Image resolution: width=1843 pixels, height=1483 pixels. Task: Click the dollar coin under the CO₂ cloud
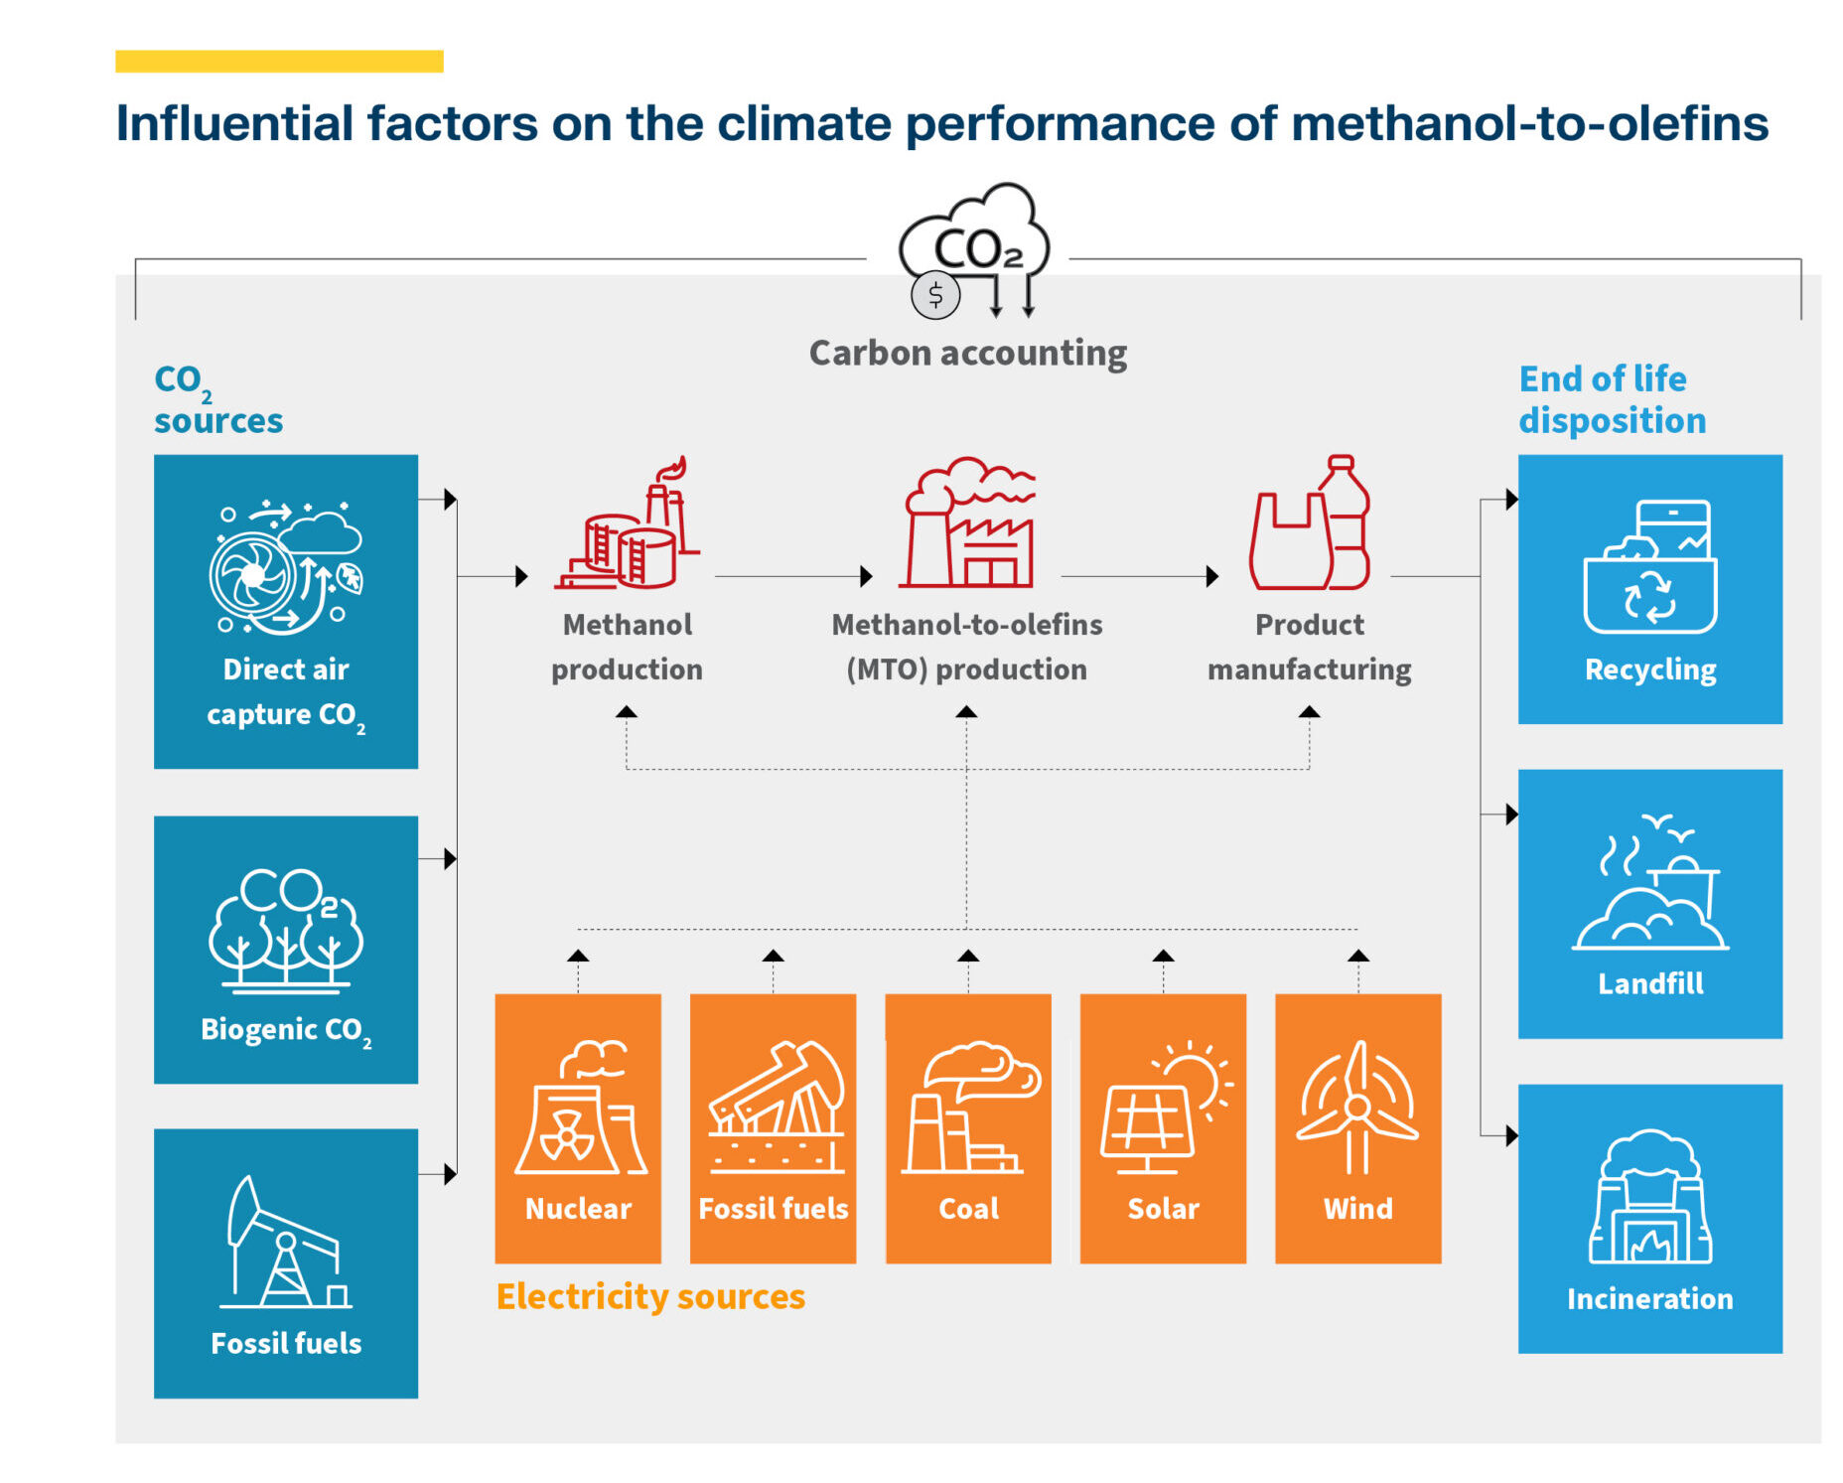click(934, 295)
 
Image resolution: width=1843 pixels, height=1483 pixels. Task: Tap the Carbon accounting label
click(967, 354)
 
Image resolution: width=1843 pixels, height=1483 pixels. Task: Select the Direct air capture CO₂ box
click(286, 611)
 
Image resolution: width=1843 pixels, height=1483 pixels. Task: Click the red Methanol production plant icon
click(628, 525)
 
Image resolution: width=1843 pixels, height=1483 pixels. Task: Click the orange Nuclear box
click(578, 1127)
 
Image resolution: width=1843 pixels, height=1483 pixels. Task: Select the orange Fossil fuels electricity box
click(773, 1127)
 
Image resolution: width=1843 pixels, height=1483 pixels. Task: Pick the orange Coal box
click(968, 1127)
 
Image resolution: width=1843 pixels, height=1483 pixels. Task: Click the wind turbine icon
click(1357, 1107)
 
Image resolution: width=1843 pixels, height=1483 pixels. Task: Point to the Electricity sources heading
click(650, 1296)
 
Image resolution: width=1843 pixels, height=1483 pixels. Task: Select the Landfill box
click(1649, 903)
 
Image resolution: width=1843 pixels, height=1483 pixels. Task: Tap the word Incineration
click(1649, 1298)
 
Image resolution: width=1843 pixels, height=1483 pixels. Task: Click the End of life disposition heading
click(1612, 399)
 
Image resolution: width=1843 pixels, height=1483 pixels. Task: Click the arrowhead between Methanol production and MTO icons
click(866, 576)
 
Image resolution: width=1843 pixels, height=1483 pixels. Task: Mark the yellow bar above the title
click(279, 62)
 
